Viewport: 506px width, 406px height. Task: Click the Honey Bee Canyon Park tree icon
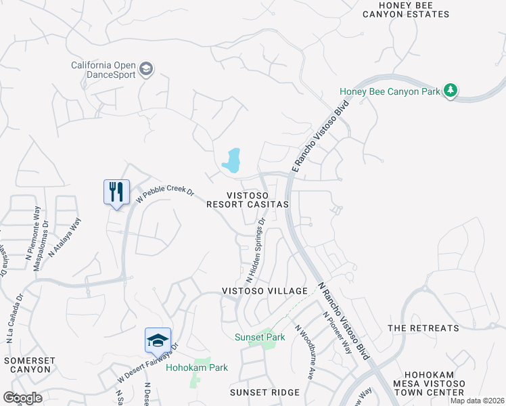(x=451, y=91)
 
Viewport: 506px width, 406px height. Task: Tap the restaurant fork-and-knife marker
(x=116, y=191)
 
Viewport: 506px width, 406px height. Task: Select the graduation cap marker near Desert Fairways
(x=158, y=340)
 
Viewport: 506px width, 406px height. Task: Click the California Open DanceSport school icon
(x=145, y=69)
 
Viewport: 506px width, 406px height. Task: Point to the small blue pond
(x=232, y=160)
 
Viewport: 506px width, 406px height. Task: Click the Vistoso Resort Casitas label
(x=248, y=199)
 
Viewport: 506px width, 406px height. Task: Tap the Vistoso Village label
(x=265, y=291)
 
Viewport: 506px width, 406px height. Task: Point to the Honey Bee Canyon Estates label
(x=414, y=9)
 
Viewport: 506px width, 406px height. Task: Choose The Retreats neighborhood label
(x=423, y=328)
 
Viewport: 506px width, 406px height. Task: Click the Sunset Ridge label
(x=264, y=392)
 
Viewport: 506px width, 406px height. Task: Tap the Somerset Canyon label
(x=28, y=365)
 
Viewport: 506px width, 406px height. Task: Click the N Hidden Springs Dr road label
(x=256, y=250)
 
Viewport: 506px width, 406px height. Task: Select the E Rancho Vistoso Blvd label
(x=320, y=135)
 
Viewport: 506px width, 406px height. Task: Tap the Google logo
(x=22, y=398)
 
